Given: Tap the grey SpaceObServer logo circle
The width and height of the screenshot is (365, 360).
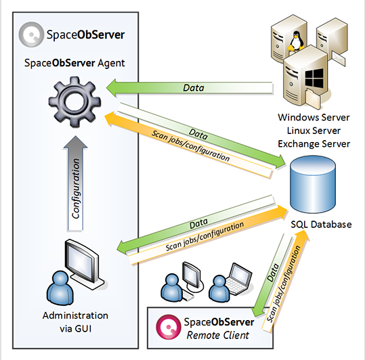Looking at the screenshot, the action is click(31, 35).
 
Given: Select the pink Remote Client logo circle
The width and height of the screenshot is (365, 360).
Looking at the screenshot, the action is click(169, 327).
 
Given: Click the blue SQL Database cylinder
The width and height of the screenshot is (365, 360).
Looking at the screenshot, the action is click(313, 184).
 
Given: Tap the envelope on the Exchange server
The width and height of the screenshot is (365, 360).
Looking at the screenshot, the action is click(338, 59).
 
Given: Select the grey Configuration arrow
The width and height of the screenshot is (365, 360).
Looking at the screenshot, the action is click(75, 183).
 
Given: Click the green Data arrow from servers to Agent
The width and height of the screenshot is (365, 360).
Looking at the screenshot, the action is click(189, 88).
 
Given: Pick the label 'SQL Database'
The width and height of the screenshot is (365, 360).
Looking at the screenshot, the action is click(321, 225).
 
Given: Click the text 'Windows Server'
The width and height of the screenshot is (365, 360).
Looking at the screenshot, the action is click(314, 117).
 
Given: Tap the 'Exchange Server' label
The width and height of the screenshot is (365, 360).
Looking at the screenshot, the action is click(314, 144).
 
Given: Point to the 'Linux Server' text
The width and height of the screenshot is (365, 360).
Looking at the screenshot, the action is click(314, 131).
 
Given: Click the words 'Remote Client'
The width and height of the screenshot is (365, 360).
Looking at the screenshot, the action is click(218, 335).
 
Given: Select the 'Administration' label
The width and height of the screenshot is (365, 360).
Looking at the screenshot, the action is click(75, 315).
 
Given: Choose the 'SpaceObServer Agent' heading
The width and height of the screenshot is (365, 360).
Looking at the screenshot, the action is click(74, 63).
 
